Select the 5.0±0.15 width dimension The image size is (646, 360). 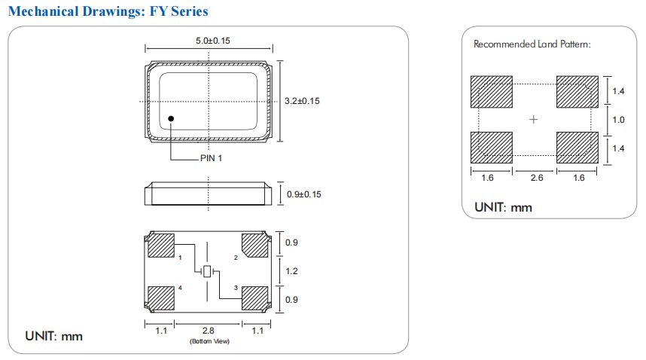click(208, 42)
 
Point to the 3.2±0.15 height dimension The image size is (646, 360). click(301, 101)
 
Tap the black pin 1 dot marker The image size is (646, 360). click(172, 118)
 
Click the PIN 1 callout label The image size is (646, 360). click(211, 159)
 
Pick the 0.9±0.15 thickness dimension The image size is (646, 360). click(304, 194)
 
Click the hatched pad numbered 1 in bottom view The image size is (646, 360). click(160, 245)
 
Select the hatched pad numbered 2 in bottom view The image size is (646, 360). click(254, 244)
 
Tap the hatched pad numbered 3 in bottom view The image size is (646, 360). click(254, 298)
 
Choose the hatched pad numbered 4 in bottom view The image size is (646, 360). click(160, 298)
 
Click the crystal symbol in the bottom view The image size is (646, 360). click(207, 271)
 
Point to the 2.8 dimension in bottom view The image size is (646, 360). click(208, 331)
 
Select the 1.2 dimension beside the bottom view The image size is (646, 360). click(292, 271)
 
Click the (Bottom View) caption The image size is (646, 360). click(208, 342)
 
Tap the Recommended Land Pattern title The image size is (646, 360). click(532, 44)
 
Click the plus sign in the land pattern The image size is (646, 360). click(534, 119)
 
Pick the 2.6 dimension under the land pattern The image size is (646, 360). click(535, 178)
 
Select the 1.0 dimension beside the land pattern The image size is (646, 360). click(618, 119)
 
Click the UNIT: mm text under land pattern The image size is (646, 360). click(503, 207)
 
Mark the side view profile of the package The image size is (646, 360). click(207, 194)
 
